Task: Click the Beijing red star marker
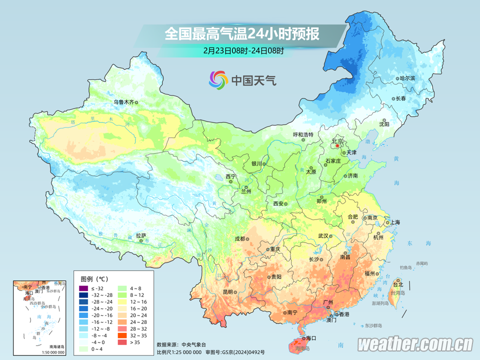(337, 146)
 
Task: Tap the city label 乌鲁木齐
(123, 102)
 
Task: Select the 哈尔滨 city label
(407, 78)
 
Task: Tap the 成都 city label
(239, 238)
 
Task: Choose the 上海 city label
(394, 222)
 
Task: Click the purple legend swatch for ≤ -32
(83, 288)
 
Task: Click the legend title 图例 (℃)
(94, 278)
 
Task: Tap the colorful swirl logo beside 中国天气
(218, 79)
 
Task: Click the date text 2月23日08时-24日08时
(243, 50)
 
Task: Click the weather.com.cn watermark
(415, 344)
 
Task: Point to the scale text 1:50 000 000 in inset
(50, 352)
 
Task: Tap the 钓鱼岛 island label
(405, 268)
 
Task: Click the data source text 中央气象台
(190, 344)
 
